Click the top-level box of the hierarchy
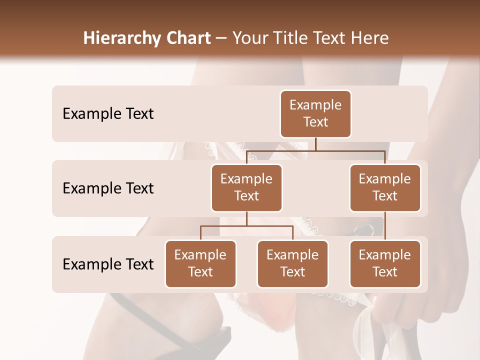coord(315,114)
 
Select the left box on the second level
coord(246,187)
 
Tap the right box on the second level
coord(385,187)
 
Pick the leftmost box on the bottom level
coord(200,263)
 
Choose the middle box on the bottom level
coord(292,263)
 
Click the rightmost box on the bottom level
coord(385,263)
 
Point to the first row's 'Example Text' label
coord(108,114)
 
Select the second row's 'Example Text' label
coord(108,188)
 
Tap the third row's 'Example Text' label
coord(108,264)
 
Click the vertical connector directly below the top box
coord(315,144)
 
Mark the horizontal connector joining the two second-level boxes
coord(315,150)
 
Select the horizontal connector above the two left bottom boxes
coord(246,226)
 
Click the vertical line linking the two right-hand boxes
coord(385,225)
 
